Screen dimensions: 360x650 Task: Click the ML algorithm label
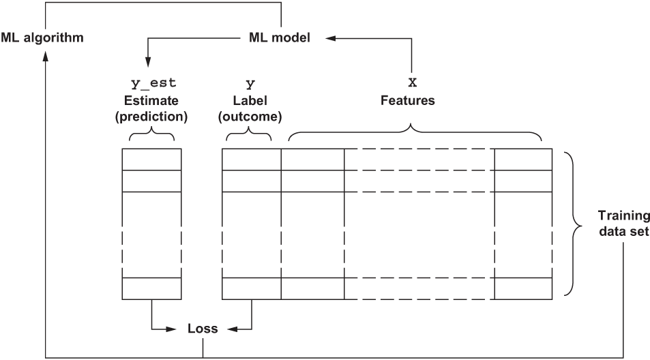point(42,37)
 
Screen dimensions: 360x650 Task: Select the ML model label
point(280,37)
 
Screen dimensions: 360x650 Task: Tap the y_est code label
point(153,84)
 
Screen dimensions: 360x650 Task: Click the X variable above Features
point(411,84)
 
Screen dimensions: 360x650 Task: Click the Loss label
point(203,329)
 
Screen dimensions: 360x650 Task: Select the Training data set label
point(623,223)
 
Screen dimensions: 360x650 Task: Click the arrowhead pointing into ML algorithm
point(46,58)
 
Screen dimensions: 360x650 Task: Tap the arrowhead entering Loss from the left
point(179,329)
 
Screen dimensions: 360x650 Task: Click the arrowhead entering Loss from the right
point(230,329)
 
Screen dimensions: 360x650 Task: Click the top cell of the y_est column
point(151,159)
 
